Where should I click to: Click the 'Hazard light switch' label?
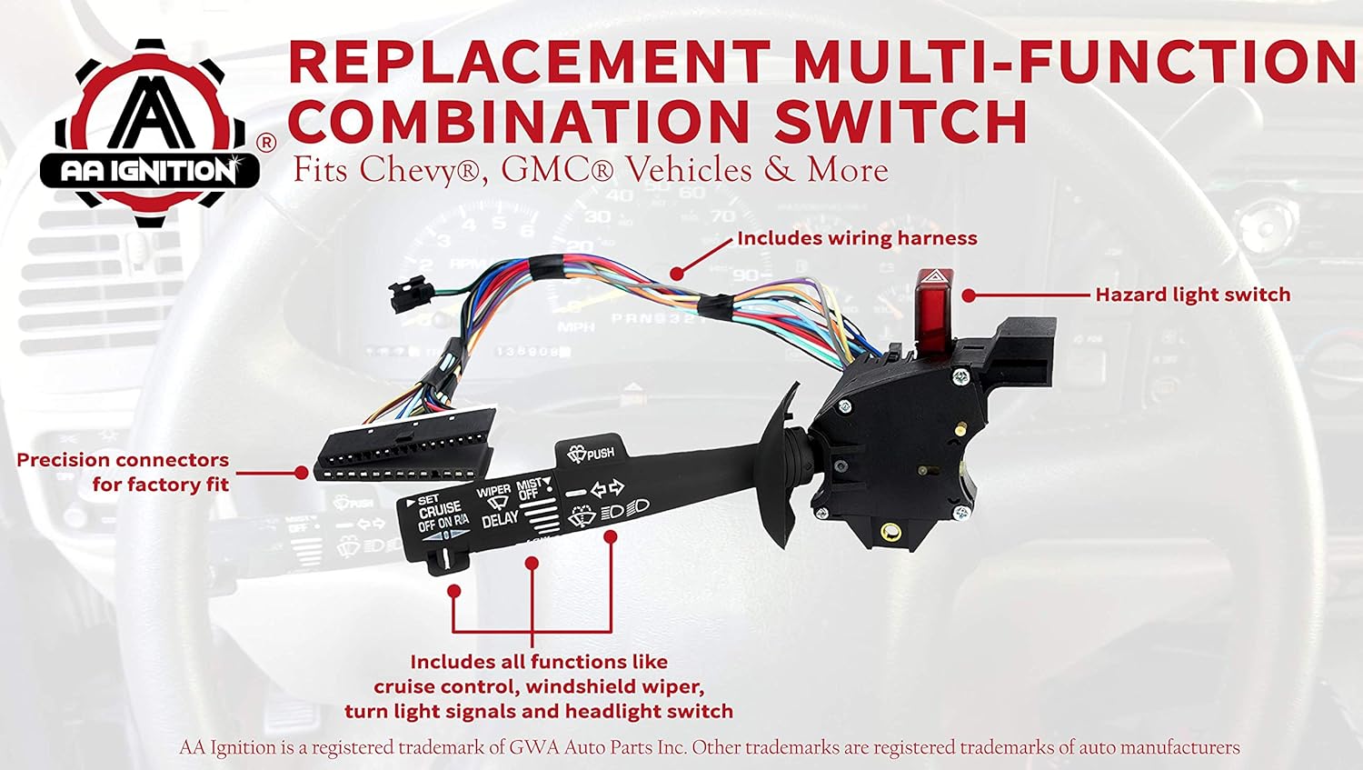[1192, 295]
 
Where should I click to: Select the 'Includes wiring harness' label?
[857, 238]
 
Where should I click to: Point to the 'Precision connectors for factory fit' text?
[123, 472]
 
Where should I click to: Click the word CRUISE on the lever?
[440, 512]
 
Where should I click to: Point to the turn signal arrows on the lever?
[607, 489]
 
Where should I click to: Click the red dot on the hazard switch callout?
[969, 295]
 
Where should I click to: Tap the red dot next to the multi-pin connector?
[302, 473]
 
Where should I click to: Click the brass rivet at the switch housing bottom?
[892, 531]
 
